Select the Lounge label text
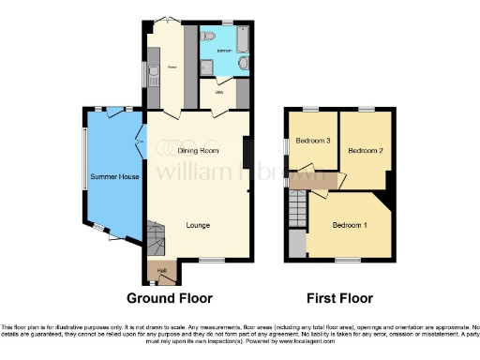coord(197,225)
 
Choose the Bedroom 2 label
coord(365,150)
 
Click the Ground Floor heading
coord(170,298)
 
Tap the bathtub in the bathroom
coord(242,39)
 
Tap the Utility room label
coord(218,93)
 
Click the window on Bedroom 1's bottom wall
coord(349,260)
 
